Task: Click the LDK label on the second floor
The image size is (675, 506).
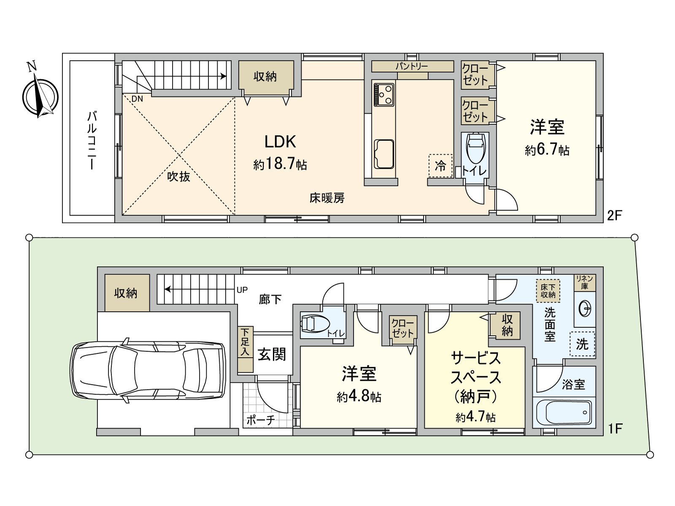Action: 280,142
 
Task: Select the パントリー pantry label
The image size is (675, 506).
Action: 412,66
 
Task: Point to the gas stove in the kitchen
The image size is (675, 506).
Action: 384,94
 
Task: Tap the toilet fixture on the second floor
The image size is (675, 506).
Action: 476,148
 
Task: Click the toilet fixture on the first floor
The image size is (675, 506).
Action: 314,324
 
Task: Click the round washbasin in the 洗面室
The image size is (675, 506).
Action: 585,309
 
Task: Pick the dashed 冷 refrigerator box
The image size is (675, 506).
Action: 440,166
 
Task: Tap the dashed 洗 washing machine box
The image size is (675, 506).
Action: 582,344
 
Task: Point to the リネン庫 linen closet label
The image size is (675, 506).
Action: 585,283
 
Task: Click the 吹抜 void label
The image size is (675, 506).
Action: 179,176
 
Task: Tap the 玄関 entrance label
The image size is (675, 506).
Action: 272,355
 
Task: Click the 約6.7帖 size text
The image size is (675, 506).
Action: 547,150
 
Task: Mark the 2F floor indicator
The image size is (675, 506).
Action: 615,215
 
